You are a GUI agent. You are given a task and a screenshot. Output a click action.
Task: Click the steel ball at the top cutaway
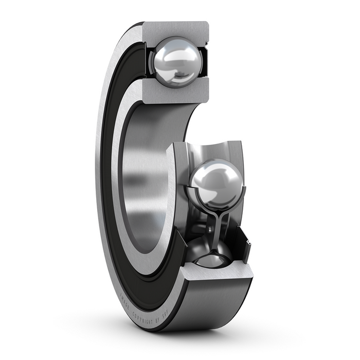[x=175, y=62]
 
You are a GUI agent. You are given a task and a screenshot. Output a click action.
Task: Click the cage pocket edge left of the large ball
[x=190, y=195]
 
